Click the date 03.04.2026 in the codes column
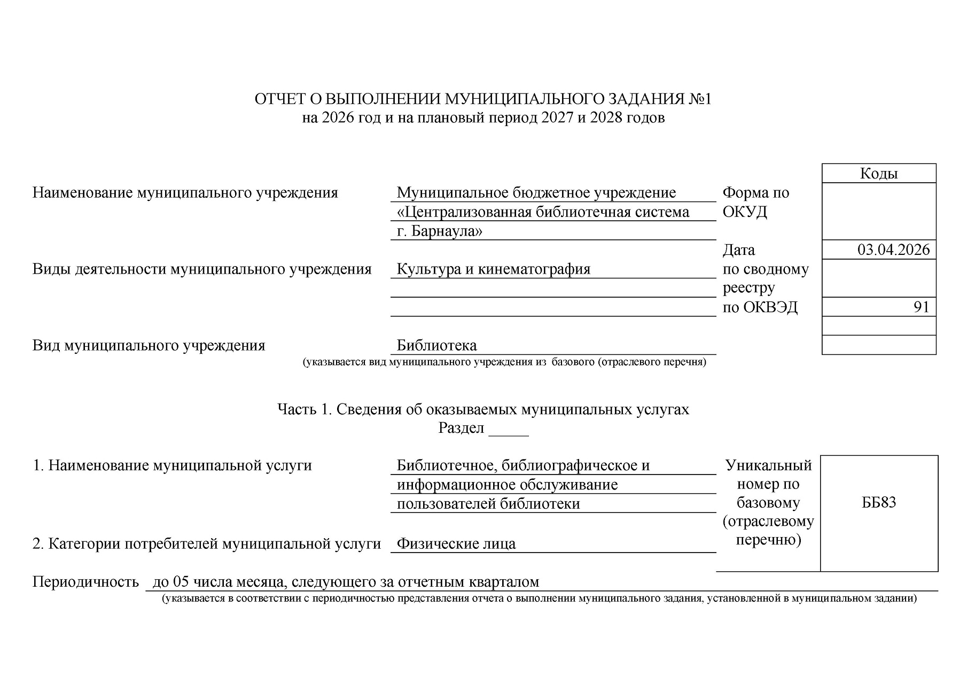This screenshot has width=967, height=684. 893,250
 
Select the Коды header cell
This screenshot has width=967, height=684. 879,174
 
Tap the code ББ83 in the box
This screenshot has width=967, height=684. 879,502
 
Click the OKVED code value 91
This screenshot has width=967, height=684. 921,307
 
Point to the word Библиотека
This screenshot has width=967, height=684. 436,346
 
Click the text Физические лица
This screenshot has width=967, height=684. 456,544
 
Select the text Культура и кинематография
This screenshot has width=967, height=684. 493,269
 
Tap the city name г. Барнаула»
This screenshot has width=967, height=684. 439,231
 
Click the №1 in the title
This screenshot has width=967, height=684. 700,99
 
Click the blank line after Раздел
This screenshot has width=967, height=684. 509,429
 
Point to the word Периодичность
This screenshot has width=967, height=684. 85,582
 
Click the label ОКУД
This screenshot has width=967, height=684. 745,212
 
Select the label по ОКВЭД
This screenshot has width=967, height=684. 760,307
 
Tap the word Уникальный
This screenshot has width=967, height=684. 768,465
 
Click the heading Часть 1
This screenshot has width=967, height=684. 304,409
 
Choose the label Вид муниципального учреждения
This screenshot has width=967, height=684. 149,346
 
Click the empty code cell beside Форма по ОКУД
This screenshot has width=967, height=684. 879,211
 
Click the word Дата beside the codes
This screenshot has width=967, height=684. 739,250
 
